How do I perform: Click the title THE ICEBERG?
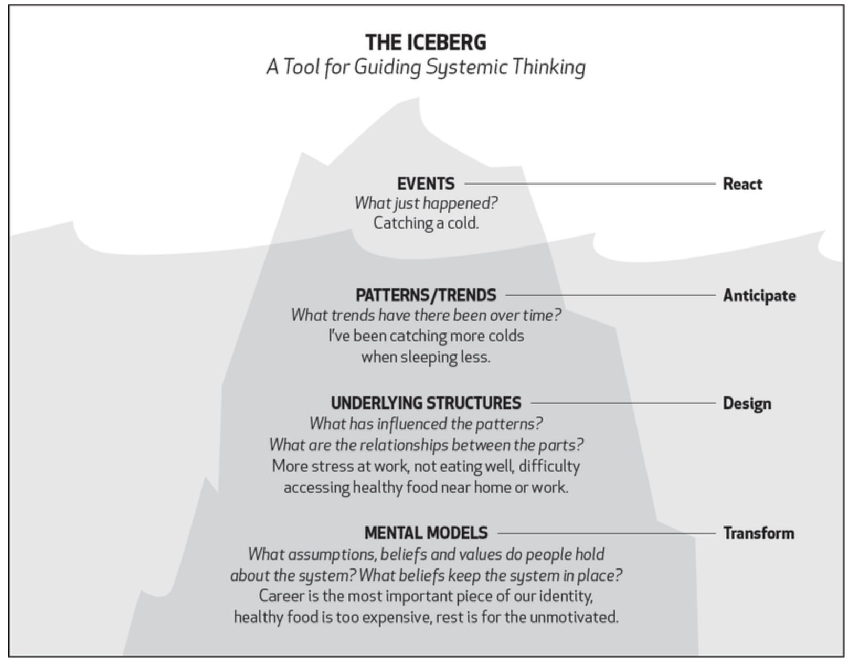tap(426, 42)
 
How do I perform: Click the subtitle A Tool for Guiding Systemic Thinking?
tap(426, 68)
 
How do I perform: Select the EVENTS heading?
tap(426, 184)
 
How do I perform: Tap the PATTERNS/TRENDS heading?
tap(426, 295)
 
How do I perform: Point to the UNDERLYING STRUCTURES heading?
tap(426, 403)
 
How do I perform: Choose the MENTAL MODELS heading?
tap(426, 533)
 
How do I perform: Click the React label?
tap(742, 184)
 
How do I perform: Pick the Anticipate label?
tap(759, 296)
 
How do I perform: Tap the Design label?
tap(747, 403)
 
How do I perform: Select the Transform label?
tap(758, 533)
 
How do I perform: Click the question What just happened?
tap(426, 203)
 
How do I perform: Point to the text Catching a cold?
tap(426, 223)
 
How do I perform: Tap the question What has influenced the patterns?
tap(426, 424)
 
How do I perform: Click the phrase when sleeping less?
tap(426, 358)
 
